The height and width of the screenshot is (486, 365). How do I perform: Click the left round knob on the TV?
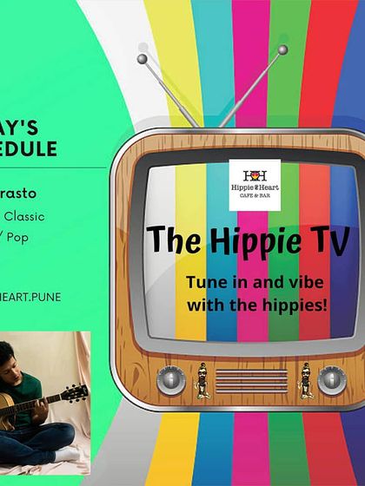point(170,381)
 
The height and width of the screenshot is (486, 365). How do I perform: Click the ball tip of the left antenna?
point(141,59)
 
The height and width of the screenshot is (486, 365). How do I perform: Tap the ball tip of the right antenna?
point(282,49)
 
